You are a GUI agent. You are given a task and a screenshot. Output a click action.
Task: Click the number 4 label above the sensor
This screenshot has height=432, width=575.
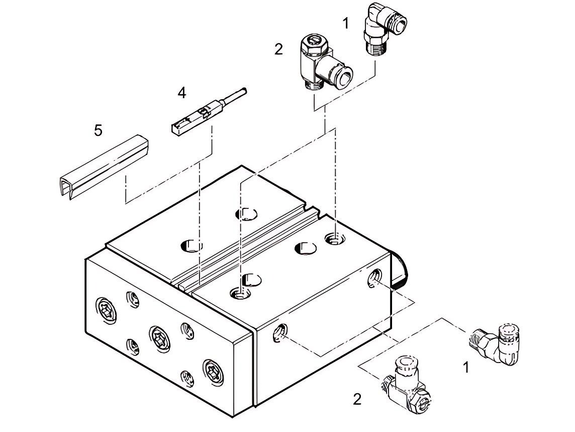181,93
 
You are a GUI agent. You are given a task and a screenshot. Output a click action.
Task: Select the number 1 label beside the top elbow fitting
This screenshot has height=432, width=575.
345,23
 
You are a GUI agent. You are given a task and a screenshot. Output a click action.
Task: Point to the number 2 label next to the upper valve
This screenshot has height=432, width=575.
278,49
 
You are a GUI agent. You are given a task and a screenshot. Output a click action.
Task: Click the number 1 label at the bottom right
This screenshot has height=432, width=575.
466,368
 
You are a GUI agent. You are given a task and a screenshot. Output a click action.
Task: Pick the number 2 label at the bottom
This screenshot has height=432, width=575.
357,399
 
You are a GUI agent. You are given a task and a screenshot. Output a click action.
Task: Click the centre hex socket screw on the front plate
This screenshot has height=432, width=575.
157,334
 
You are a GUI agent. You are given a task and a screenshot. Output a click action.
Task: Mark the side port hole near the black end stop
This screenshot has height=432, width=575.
374,277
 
